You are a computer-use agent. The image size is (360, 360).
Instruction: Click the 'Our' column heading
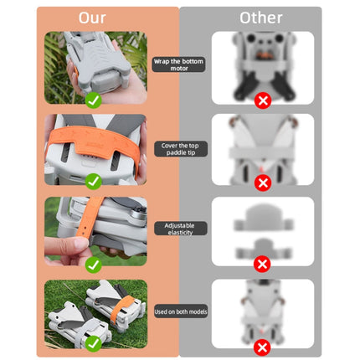92,17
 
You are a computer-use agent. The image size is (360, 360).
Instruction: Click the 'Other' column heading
260,17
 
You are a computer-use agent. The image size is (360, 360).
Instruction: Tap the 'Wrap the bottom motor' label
179,64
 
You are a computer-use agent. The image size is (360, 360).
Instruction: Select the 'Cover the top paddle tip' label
179,148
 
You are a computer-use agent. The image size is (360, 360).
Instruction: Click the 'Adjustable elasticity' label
179,229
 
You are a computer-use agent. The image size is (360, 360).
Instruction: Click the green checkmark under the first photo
94,100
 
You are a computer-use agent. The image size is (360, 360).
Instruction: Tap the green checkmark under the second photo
94,181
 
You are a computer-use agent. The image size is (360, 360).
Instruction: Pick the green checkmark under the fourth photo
94,343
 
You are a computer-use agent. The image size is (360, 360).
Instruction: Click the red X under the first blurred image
262,100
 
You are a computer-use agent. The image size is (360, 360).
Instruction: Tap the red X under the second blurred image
262,182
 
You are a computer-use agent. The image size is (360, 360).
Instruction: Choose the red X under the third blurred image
262,264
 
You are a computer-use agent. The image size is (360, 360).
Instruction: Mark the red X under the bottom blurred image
262,346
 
